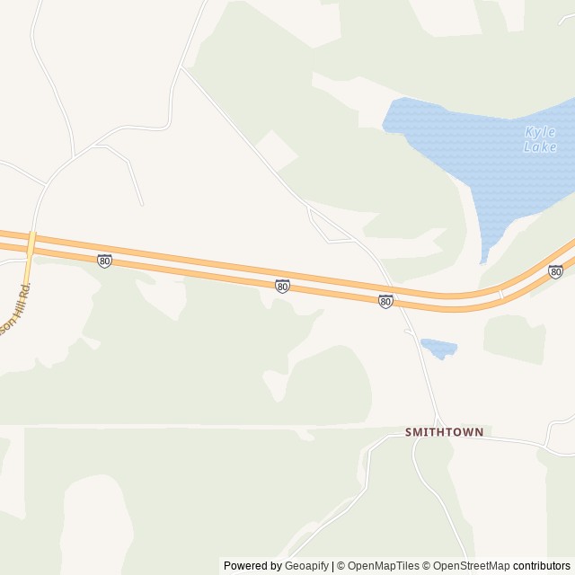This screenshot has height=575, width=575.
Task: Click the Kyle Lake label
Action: (540, 139)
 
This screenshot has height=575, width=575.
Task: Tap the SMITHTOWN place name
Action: (444, 432)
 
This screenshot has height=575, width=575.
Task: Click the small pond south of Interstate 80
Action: (438, 346)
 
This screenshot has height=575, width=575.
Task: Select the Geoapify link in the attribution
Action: (306, 566)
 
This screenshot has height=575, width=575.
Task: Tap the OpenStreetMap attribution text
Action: (469, 566)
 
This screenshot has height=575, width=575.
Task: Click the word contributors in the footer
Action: (543, 566)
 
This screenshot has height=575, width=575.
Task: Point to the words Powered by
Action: (252, 566)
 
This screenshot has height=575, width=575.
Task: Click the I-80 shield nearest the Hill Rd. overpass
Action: (105, 261)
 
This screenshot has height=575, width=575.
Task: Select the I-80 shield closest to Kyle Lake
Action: (555, 271)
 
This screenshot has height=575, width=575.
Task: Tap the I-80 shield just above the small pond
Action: (385, 302)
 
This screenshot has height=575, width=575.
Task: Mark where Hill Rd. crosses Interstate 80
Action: (31, 243)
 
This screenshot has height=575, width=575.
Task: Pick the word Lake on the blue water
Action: (540, 147)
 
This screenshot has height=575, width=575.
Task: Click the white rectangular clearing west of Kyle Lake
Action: (277, 149)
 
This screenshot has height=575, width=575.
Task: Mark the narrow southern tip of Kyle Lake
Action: (483, 259)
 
